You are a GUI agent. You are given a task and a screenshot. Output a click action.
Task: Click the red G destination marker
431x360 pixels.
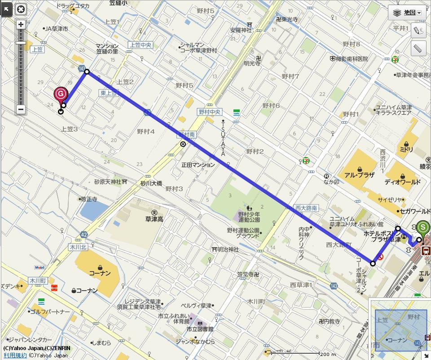coord(61,94)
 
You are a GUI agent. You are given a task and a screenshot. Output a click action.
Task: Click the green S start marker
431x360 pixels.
coord(422,228)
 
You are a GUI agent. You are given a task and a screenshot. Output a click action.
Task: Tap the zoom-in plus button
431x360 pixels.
coord(21,25)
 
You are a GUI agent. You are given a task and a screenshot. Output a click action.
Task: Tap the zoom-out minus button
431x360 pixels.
coord(21,109)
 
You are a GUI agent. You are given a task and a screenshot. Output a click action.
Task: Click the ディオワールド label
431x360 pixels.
coord(402,182)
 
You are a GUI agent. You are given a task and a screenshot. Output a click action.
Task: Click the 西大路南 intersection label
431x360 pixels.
coord(306,208)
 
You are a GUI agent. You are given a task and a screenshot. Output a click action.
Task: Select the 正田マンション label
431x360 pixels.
coord(198,165)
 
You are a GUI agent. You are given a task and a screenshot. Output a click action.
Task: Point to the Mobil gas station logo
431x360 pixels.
coord(40,267)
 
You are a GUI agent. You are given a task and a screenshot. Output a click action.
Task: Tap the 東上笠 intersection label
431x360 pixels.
coord(108,93)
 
